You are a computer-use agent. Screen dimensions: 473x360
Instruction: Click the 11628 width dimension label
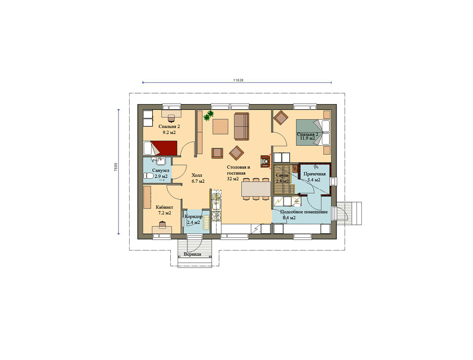pyautogui.click(x=238, y=80)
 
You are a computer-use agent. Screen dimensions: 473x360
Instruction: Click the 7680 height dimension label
pyautogui.click(x=116, y=167)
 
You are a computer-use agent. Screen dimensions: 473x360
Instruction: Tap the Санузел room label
pyautogui.click(x=161, y=171)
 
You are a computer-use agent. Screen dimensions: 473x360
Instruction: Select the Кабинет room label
pyautogui.click(x=165, y=207)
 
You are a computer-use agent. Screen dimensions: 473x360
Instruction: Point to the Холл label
pyautogui.click(x=197, y=175)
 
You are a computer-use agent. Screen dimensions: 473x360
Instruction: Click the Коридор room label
pyautogui.click(x=194, y=217)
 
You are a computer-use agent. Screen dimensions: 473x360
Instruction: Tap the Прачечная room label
pyautogui.click(x=315, y=174)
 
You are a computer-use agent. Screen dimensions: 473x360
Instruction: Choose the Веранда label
pyautogui.click(x=192, y=254)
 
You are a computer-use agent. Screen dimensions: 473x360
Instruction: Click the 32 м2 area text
pyautogui.click(x=233, y=179)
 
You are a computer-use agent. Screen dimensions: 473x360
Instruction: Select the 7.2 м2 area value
pyautogui.click(x=165, y=213)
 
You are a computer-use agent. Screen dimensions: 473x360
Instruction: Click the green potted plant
pyautogui.click(x=209, y=115)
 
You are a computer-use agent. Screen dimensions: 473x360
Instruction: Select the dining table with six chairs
pyautogui.click(x=256, y=189)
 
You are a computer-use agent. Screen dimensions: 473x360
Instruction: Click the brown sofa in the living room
pyautogui.click(x=242, y=126)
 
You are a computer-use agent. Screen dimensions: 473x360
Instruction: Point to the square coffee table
pyautogui.click(x=220, y=127)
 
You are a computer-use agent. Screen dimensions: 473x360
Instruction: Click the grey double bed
pyautogui.click(x=313, y=133)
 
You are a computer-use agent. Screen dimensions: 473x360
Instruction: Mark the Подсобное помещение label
pyautogui.click(x=304, y=212)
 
